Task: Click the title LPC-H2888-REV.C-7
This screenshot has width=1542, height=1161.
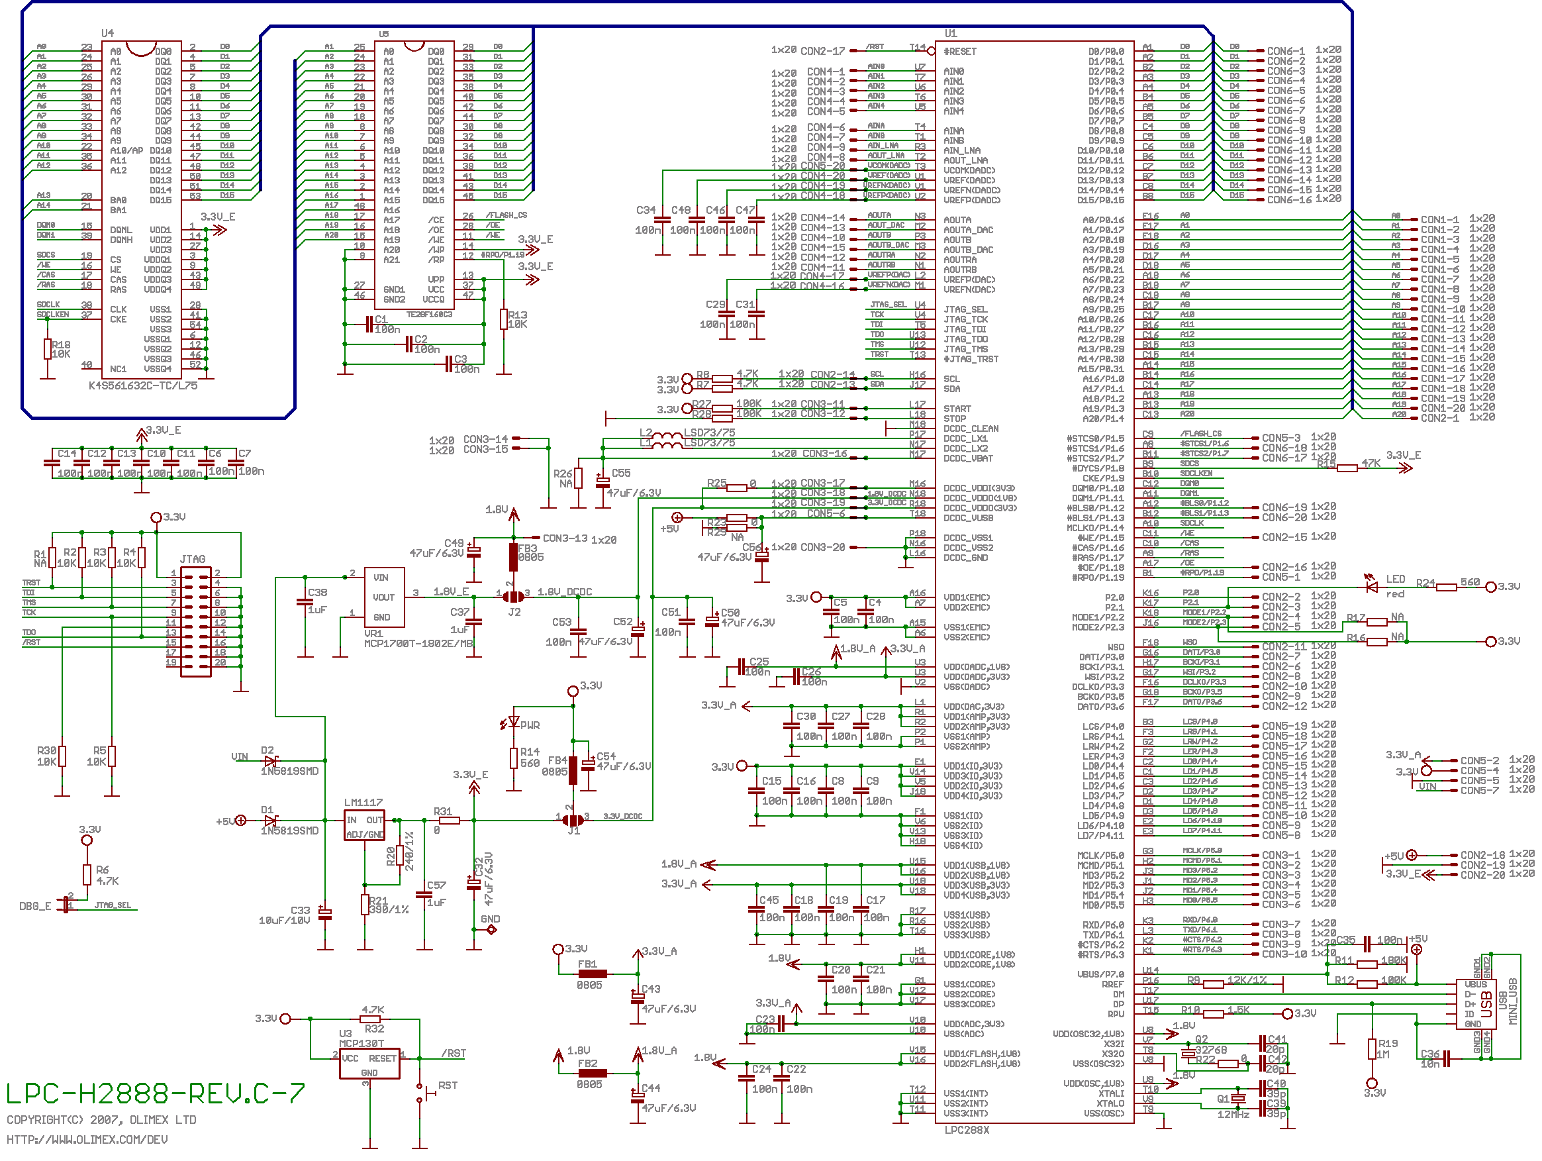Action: click(155, 1093)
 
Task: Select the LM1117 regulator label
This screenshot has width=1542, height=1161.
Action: click(363, 803)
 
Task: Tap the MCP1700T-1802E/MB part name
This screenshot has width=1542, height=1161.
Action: click(418, 644)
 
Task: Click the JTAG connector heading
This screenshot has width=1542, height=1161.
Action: click(193, 559)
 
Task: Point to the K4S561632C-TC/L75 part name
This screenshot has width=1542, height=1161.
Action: click(143, 385)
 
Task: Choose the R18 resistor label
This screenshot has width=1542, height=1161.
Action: click(62, 344)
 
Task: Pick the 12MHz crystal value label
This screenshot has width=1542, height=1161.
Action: click(1233, 1114)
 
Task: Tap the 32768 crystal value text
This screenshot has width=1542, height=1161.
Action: click(1211, 1050)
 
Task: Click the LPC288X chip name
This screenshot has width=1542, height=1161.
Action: click(966, 1130)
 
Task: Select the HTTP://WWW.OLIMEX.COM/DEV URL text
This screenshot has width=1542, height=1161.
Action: click(87, 1139)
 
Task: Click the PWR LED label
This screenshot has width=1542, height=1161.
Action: click(530, 725)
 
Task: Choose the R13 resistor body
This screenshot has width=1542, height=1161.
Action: click(503, 319)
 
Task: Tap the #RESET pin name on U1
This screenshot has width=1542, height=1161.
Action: click(960, 52)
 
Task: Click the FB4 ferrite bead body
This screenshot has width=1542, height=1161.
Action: click(573, 770)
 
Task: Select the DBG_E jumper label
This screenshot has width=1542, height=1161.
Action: click(35, 907)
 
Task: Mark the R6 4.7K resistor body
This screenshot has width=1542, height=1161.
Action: click(87, 874)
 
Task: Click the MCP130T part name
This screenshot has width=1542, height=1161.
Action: click(361, 1043)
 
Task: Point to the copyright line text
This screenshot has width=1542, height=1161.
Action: click(101, 1120)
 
